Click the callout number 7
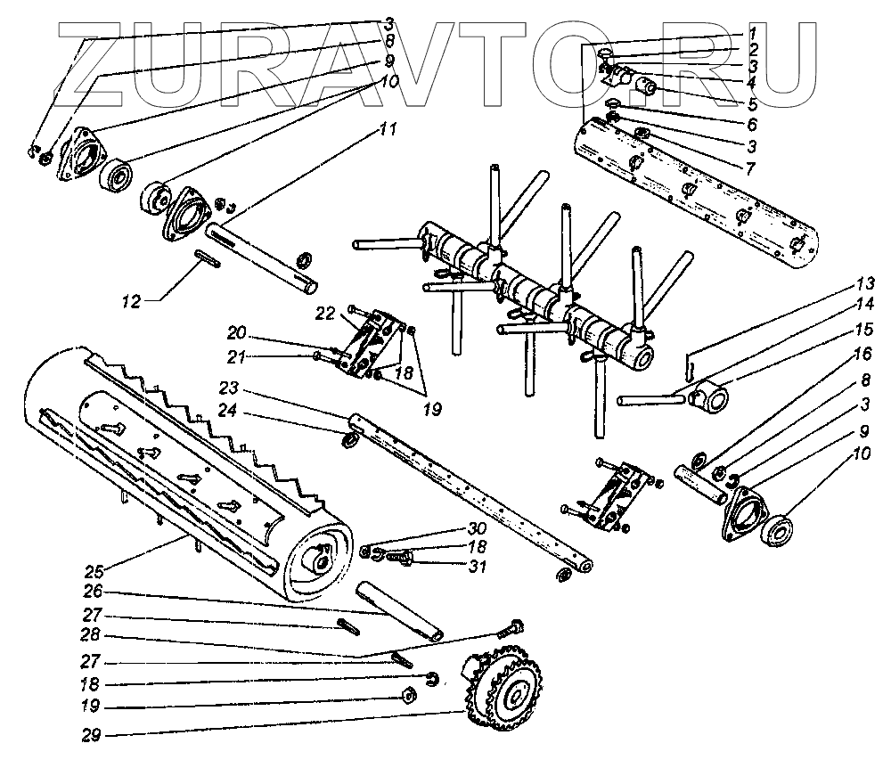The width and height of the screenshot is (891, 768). coord(751,167)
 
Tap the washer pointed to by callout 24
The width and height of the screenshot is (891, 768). coord(350,441)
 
